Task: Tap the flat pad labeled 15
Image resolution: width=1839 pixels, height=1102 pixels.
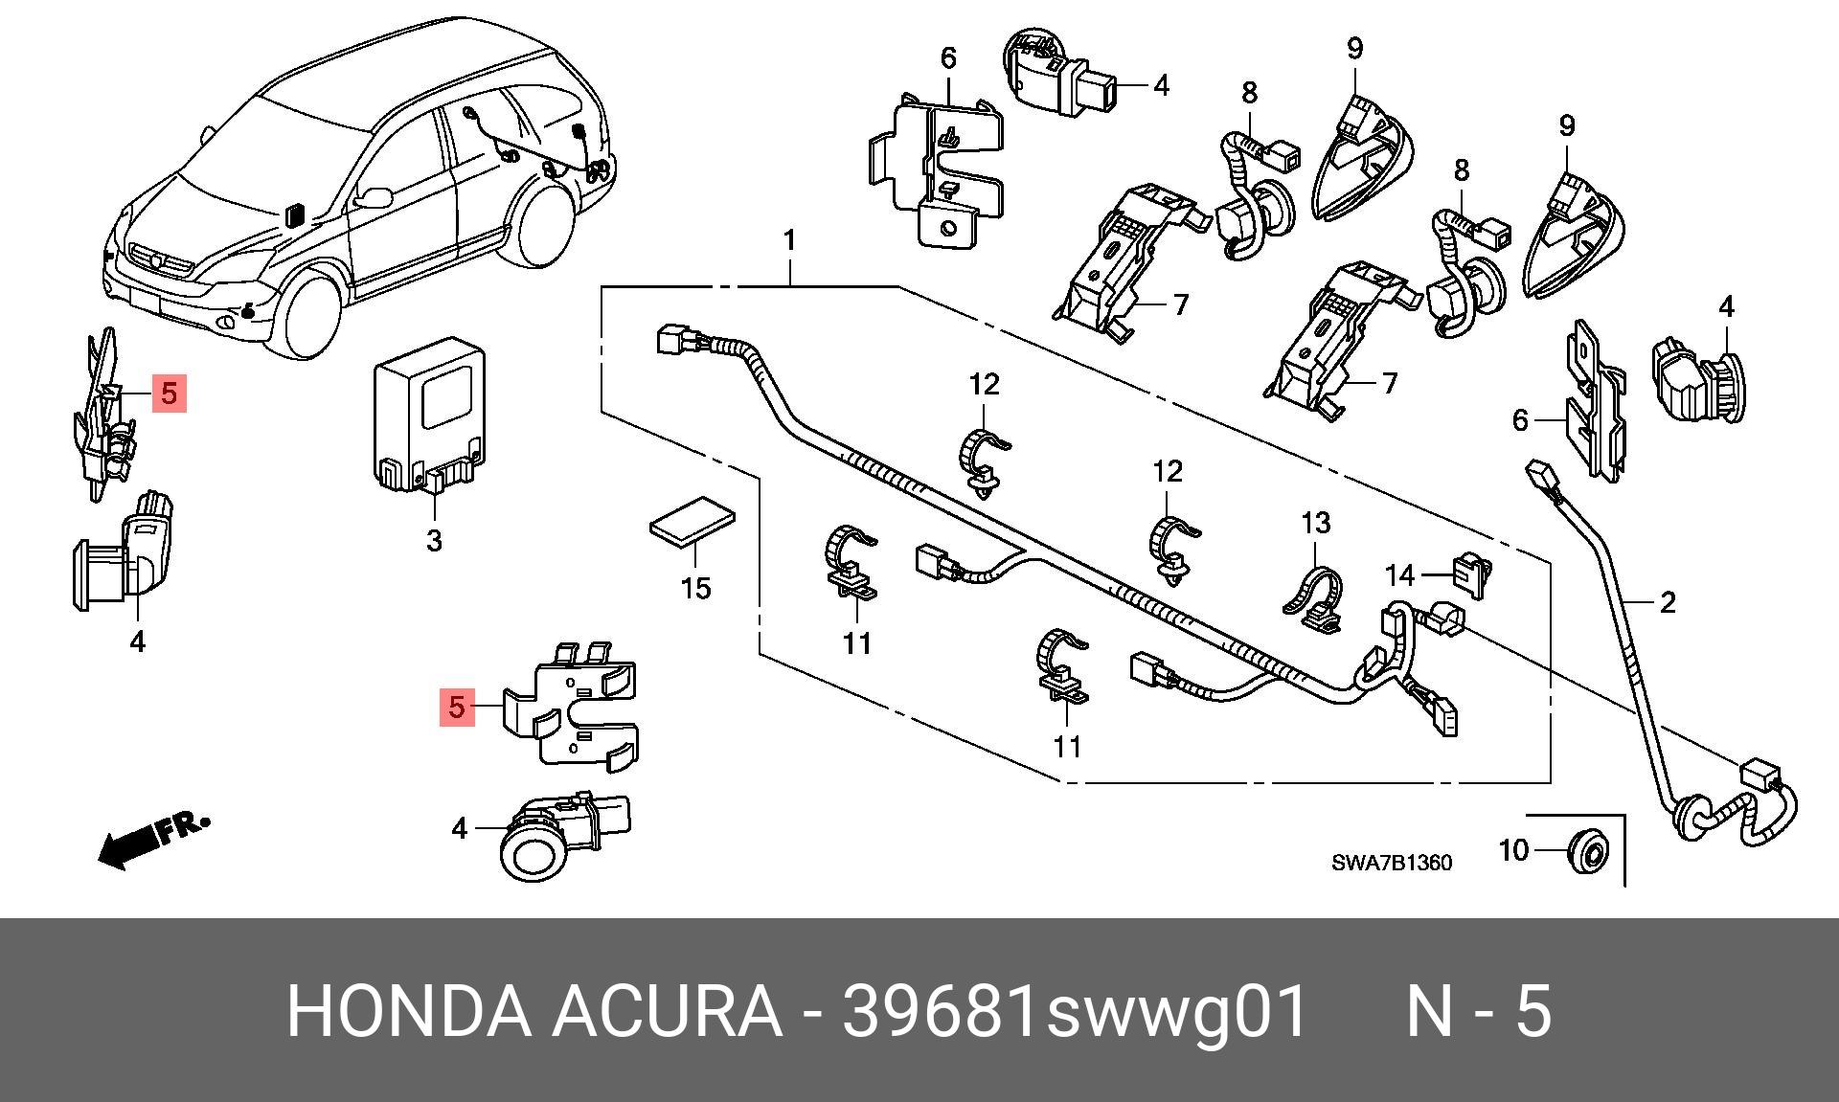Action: [692, 520]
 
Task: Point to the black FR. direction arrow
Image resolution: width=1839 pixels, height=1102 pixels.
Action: [153, 840]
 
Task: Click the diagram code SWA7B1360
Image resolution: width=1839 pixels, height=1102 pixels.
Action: [1392, 863]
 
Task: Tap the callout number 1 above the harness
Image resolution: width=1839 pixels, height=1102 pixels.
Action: [789, 240]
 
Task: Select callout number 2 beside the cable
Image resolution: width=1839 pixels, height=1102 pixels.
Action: [1668, 602]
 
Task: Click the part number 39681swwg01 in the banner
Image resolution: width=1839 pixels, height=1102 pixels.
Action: [1074, 1011]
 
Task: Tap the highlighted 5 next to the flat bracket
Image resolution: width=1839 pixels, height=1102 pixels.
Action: [457, 708]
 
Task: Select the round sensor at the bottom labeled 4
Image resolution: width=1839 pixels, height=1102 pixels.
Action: [565, 834]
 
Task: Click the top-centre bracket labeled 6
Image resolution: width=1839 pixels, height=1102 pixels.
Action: [938, 169]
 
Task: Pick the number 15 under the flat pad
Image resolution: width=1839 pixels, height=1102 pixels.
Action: [696, 588]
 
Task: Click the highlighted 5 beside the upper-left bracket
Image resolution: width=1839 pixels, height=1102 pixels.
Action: [170, 394]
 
